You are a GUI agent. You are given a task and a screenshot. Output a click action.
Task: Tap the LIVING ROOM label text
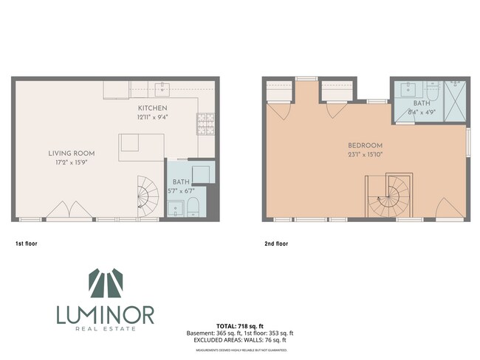click(x=72, y=153)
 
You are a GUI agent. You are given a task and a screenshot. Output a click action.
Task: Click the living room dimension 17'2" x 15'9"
click(x=72, y=163)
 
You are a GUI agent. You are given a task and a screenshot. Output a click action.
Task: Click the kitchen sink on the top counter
click(x=163, y=90)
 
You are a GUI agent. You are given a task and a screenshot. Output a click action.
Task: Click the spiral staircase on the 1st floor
click(x=148, y=195)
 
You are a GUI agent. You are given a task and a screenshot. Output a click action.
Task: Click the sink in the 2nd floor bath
click(x=407, y=91)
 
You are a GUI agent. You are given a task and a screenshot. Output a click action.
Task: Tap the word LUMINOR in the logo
click(x=105, y=315)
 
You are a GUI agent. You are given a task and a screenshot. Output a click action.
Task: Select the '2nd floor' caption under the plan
click(x=276, y=243)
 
